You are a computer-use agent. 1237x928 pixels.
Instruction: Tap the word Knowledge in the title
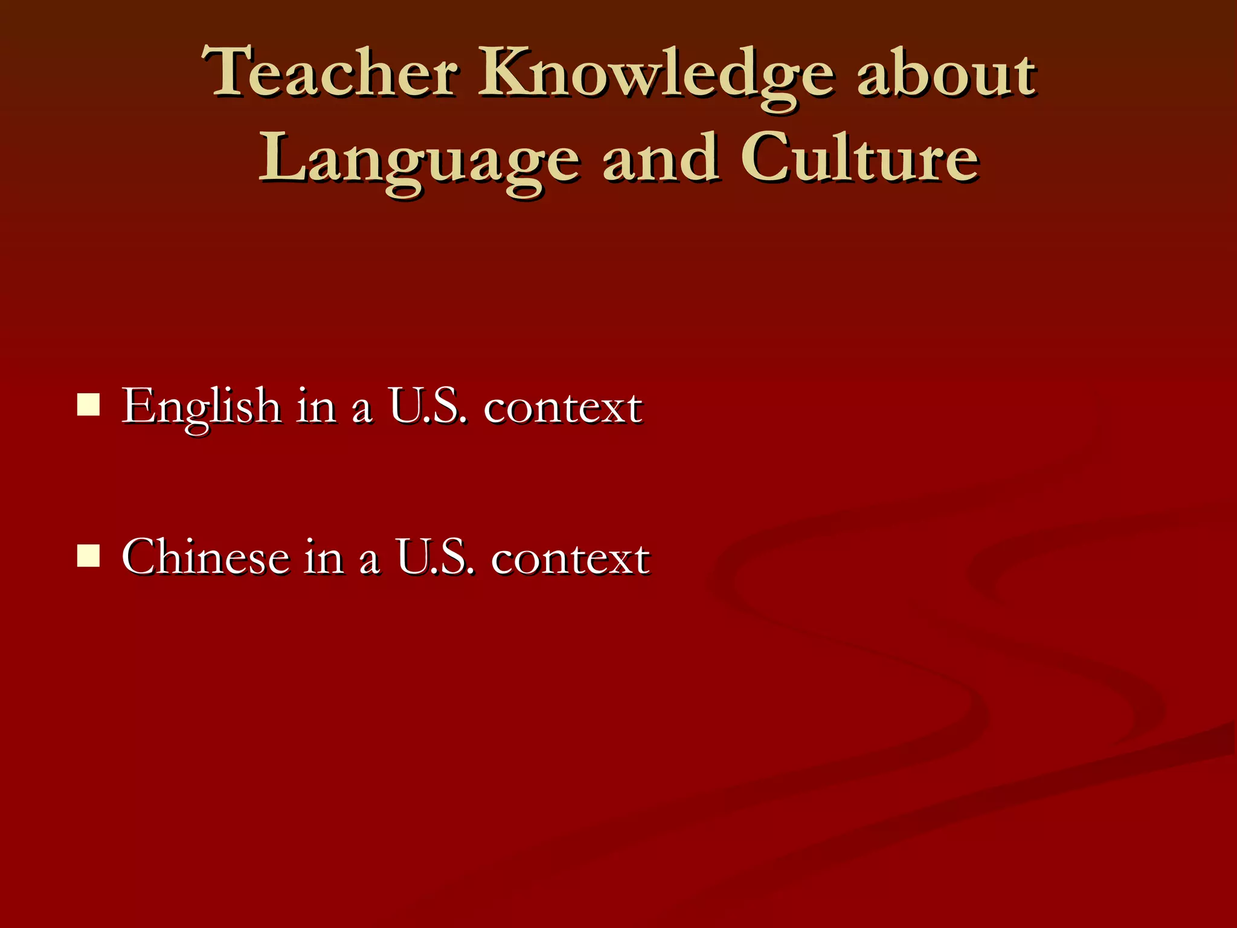(657, 76)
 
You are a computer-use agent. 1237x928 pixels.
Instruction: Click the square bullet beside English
(88, 405)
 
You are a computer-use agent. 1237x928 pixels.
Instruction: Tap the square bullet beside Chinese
(88, 556)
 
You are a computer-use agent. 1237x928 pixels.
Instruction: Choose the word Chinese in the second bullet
(205, 557)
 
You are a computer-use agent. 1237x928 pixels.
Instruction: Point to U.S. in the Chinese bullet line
(434, 557)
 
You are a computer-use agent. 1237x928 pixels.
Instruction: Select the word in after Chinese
(324, 557)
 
